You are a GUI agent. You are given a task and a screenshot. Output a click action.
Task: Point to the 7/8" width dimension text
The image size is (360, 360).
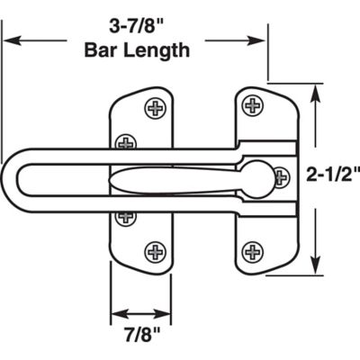click(x=139, y=340)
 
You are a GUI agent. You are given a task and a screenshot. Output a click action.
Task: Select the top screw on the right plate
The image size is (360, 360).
click(x=252, y=105)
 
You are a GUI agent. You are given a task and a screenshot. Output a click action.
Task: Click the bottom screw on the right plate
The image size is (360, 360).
click(x=254, y=249)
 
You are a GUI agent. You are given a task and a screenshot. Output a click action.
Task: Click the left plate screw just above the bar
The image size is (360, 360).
click(x=127, y=141)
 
